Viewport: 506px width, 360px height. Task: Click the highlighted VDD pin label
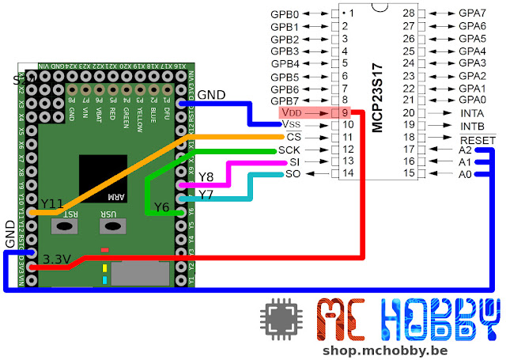(x=291, y=112)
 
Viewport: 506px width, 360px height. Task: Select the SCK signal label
(x=288, y=150)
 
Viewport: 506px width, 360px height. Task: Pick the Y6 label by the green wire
(x=162, y=207)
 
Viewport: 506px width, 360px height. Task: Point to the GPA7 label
(x=472, y=13)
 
